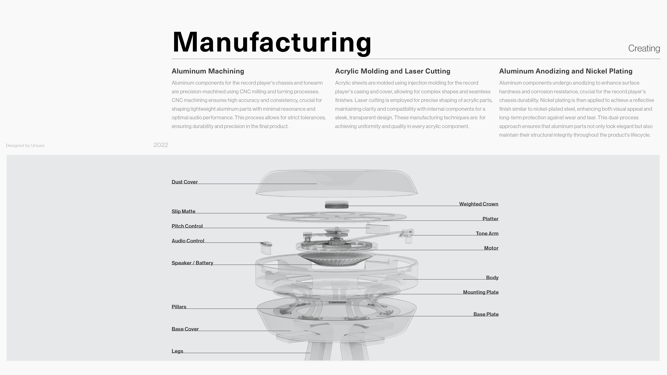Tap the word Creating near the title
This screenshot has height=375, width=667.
click(x=644, y=48)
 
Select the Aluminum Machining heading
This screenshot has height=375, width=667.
click(x=208, y=71)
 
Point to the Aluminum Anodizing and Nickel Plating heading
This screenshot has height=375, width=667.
click(x=566, y=71)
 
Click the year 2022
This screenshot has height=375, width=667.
click(x=160, y=145)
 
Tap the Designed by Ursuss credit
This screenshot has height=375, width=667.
click(x=25, y=145)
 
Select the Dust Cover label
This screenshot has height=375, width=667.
click(x=184, y=182)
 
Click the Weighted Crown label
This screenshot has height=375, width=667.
click(x=479, y=204)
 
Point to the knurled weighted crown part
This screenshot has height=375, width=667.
click(x=337, y=205)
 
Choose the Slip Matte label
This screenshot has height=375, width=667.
click(x=183, y=211)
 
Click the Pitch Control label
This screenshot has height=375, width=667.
click(x=187, y=226)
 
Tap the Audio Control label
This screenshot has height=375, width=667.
click(x=188, y=241)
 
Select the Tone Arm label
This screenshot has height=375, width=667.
click(x=487, y=234)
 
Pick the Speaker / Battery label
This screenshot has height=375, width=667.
click(x=192, y=263)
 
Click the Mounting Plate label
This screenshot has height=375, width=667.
click(x=481, y=292)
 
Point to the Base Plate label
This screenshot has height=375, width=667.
click(x=486, y=314)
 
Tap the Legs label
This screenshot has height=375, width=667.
click(x=177, y=351)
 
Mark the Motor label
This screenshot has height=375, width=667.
click(x=491, y=248)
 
